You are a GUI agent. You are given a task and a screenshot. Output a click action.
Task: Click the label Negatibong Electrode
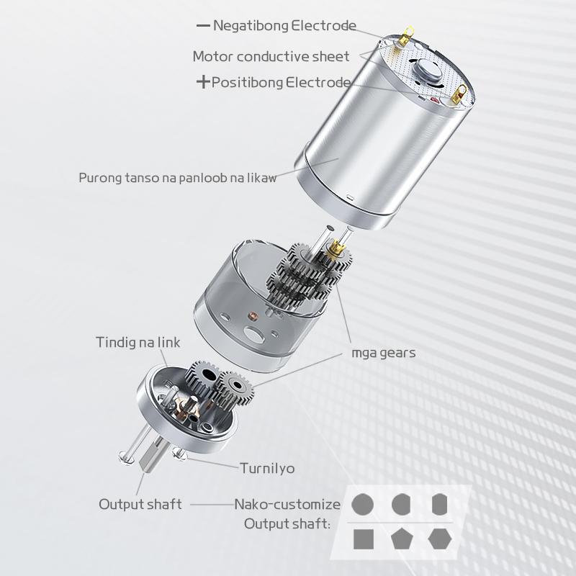click(284, 26)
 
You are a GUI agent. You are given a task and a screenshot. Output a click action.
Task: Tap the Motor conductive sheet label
click(271, 57)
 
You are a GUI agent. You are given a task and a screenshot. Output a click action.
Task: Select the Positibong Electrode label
click(281, 82)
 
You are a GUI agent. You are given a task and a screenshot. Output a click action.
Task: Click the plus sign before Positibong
click(203, 81)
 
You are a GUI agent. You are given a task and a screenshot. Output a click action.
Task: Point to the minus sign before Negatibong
click(203, 26)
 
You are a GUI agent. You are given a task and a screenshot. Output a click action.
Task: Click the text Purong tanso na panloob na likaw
click(177, 178)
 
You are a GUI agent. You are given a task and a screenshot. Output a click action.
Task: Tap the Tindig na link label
click(138, 343)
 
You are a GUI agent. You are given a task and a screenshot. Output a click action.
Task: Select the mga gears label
click(384, 353)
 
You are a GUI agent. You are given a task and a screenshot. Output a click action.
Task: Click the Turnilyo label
click(267, 469)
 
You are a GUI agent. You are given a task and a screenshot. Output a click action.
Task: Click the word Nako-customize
click(287, 504)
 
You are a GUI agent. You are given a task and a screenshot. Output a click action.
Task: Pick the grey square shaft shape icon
click(364, 539)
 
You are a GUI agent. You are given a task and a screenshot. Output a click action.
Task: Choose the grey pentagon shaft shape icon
click(402, 539)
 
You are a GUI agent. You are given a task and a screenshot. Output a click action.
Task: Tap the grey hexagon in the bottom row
click(440, 539)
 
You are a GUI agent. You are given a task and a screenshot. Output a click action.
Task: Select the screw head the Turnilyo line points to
click(179, 455)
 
